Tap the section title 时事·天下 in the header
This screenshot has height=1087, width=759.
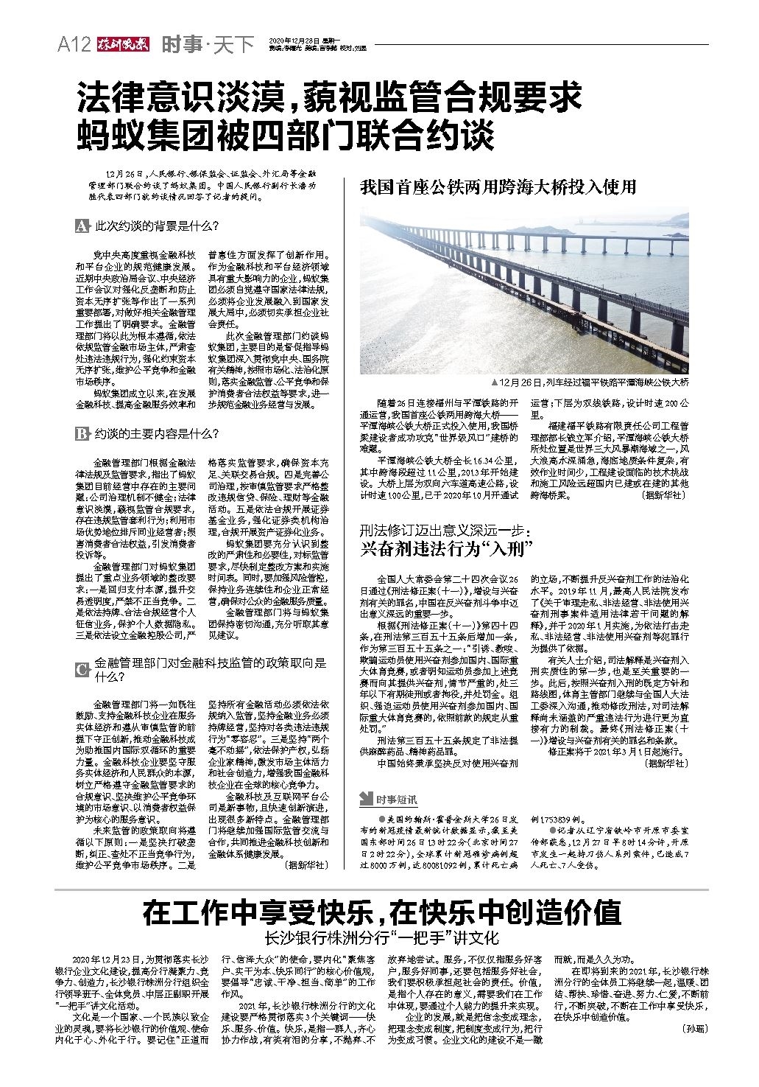pos(208,45)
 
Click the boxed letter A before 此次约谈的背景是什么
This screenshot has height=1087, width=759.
pos(81,226)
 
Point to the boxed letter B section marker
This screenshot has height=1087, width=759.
pos(81,434)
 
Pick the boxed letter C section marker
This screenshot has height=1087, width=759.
pos(81,669)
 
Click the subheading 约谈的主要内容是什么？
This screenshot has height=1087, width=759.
pos(155,434)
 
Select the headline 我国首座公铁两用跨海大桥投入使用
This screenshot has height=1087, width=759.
pos(498,186)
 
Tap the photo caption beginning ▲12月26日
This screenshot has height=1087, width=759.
pos(593,382)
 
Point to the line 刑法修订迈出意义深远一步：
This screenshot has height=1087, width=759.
pos(445,530)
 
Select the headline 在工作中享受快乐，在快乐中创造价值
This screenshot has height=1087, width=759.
pos(381,913)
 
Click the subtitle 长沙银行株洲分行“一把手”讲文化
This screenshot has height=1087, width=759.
pos(381,938)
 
